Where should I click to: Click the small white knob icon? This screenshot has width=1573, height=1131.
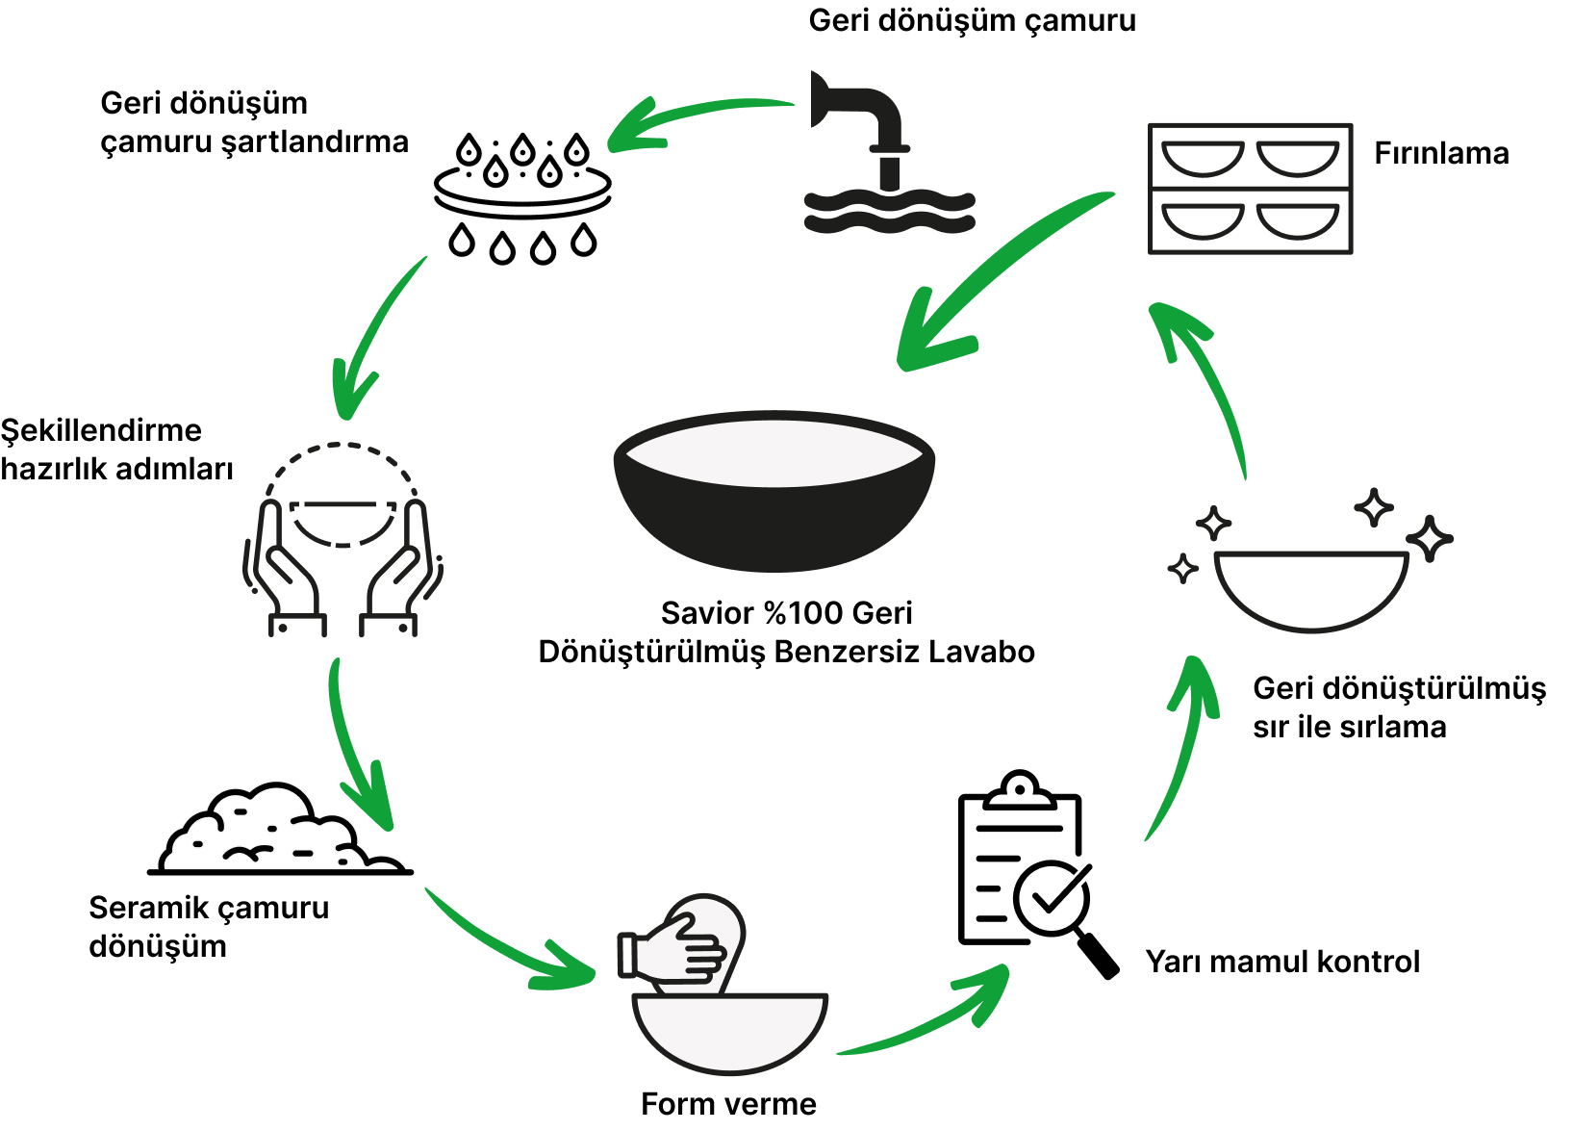click(1020, 792)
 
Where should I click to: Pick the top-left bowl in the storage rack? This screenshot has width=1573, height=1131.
click(1203, 158)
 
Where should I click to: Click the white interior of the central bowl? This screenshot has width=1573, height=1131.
click(774, 452)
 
